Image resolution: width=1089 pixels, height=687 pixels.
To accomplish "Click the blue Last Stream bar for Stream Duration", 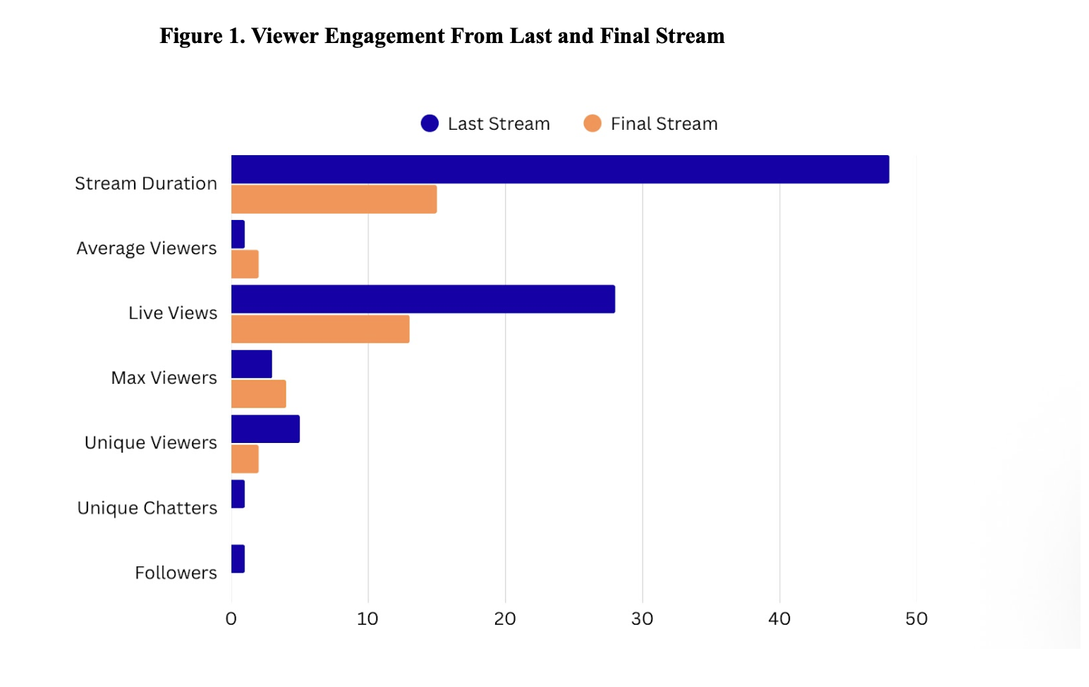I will click(x=560, y=169).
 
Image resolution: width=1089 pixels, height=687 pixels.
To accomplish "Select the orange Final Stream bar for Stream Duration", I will click(x=334, y=200).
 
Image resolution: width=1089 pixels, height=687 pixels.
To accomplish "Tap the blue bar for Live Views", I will click(x=423, y=299).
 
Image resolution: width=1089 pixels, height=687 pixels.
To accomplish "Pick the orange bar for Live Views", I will click(x=320, y=329).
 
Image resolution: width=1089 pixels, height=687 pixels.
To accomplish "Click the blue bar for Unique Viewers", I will click(x=265, y=429).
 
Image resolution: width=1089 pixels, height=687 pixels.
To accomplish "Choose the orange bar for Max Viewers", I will click(x=258, y=394).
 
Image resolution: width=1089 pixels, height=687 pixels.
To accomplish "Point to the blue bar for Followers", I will click(x=238, y=559).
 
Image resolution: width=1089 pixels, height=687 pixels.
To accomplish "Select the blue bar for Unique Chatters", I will click(x=238, y=494).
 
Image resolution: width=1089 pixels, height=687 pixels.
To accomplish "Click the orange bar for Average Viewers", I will click(x=245, y=265).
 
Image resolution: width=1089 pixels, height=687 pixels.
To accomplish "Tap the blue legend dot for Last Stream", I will click(x=430, y=123).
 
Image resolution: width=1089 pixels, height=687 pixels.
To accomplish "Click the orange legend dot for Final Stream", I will click(x=592, y=123).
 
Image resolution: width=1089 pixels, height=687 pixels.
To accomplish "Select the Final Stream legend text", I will click(x=664, y=124).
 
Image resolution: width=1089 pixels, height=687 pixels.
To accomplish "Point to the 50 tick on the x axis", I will click(x=916, y=619).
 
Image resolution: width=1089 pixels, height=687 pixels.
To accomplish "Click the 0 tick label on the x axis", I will click(x=231, y=619).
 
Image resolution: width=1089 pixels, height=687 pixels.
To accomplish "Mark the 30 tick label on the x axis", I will click(x=642, y=619).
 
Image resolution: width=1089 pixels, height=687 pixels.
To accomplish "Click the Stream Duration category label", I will click(x=146, y=183).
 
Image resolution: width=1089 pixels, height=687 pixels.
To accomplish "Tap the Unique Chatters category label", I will click(x=147, y=508).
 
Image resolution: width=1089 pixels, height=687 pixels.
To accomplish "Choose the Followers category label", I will click(x=176, y=573).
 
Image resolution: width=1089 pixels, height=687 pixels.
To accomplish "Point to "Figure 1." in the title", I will click(x=202, y=36).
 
